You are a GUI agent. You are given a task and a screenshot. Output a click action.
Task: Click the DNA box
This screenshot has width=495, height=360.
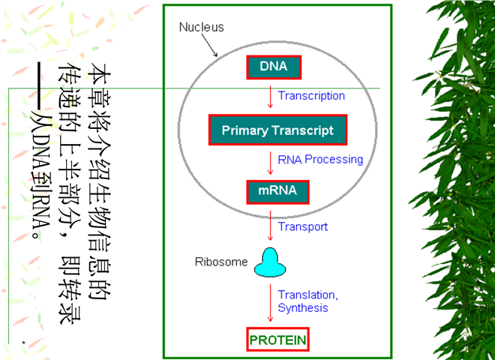pos(274,67)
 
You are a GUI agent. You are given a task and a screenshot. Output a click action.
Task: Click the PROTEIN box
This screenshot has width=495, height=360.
pos(277,340)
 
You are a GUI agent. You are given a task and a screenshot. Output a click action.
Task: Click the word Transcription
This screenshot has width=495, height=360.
pos(311,96)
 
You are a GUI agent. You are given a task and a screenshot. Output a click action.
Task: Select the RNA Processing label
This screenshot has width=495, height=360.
pos(320,159)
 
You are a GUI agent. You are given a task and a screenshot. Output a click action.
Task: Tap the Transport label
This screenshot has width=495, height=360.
pos(302,226)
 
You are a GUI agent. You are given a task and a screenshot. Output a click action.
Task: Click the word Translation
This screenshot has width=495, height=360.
pos(307,295)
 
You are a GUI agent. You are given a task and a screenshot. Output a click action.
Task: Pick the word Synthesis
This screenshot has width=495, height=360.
pos(303,307)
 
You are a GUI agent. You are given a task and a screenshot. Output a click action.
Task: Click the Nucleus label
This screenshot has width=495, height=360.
pos(201,27)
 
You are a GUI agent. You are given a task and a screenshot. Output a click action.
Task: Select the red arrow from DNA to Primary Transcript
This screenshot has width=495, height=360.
pos(270,97)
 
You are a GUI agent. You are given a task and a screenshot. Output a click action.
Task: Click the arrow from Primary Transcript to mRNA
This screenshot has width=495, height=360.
pos(270,162)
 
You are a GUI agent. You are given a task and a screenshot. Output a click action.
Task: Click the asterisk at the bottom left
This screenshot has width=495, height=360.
pos(24,343)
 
